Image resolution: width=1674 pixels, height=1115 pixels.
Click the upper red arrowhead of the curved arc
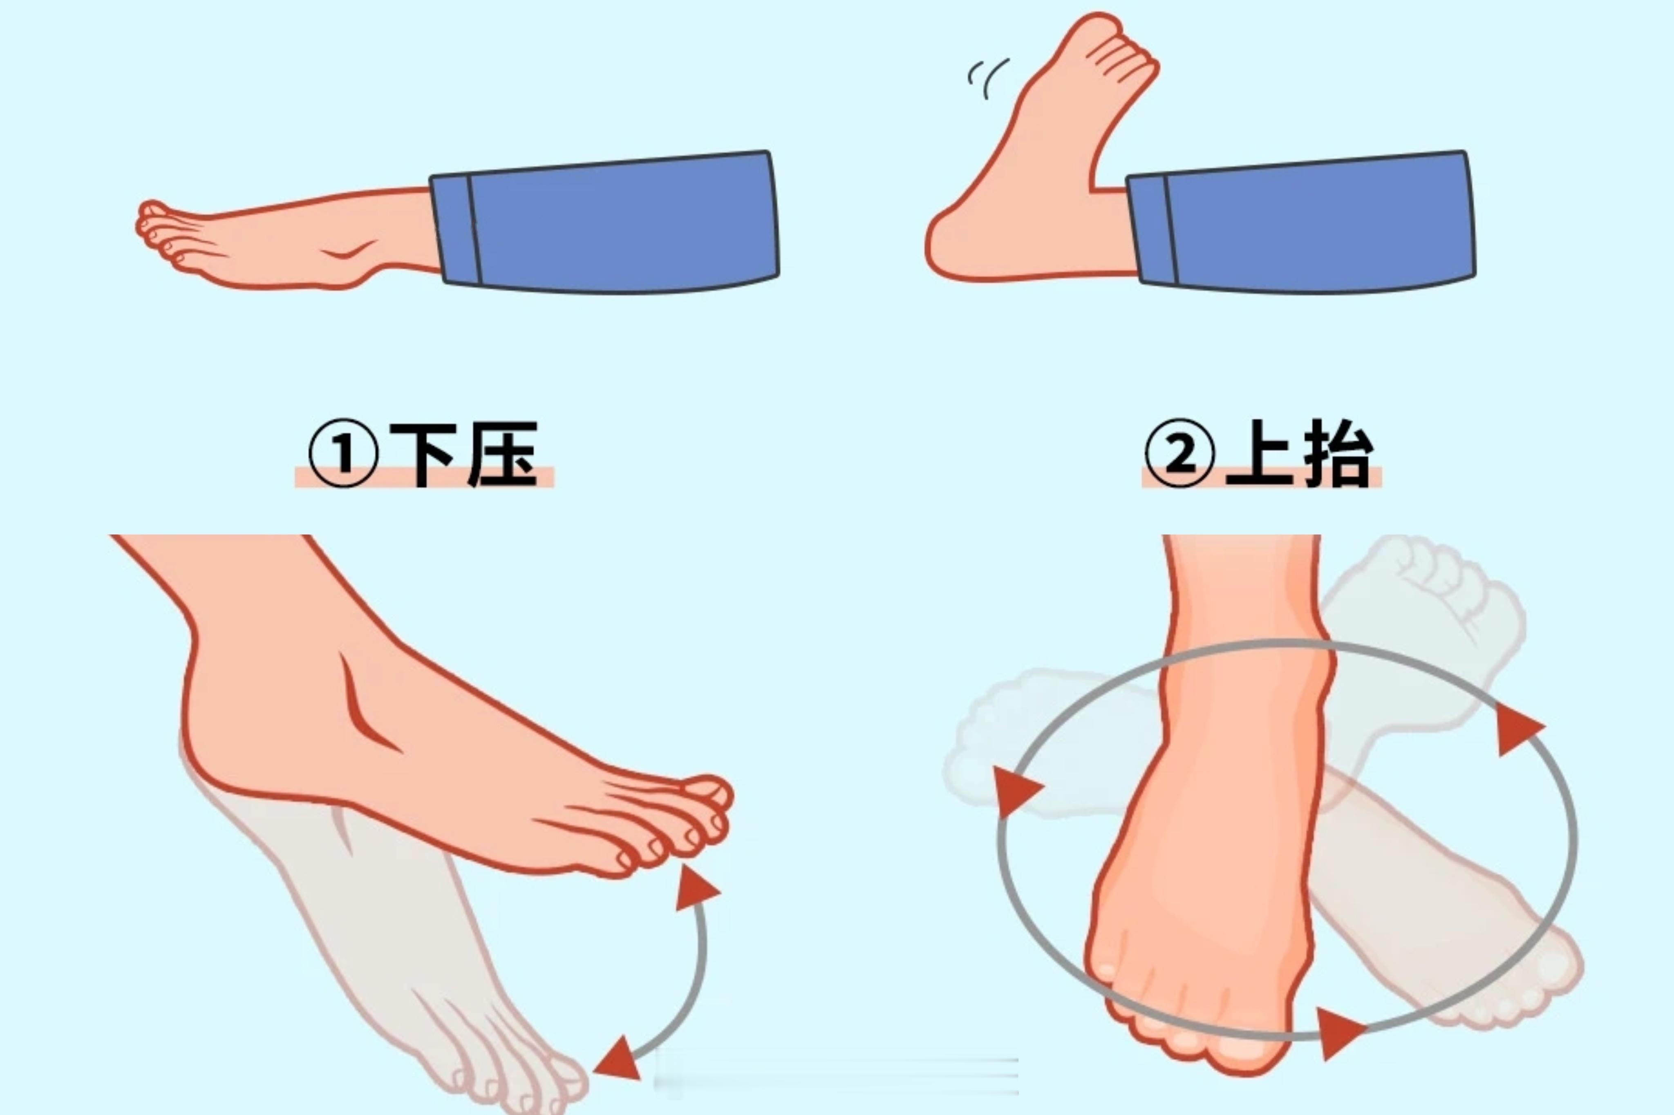[694, 889]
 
